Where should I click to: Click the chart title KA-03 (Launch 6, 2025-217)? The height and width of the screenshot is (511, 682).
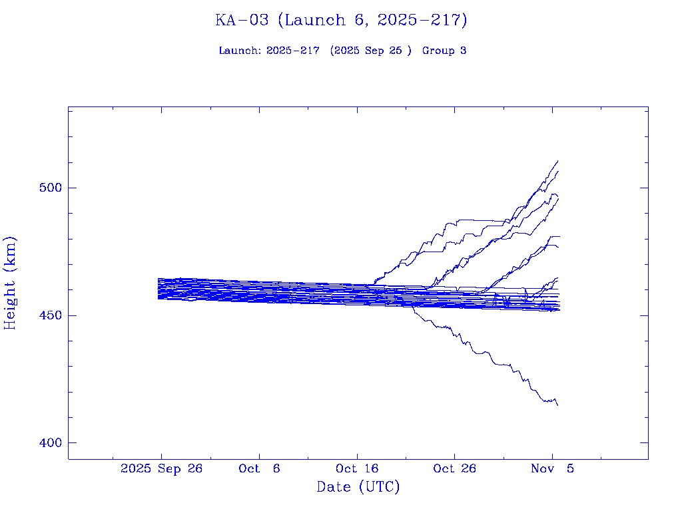click(341, 20)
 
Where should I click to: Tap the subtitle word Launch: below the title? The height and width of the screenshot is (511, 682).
click(240, 51)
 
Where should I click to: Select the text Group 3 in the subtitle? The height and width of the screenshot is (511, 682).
click(444, 51)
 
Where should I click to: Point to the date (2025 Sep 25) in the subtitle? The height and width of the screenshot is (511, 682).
click(371, 51)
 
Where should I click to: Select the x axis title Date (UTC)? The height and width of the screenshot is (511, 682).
click(358, 487)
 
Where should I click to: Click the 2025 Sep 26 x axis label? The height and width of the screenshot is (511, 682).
click(161, 469)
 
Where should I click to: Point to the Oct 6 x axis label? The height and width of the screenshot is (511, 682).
click(259, 469)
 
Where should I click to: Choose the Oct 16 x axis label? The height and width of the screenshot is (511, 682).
click(357, 469)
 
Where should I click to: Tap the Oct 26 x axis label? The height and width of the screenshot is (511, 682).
click(454, 469)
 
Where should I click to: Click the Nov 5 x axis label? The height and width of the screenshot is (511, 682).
click(552, 469)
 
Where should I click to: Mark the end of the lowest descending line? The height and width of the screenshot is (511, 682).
click(557, 405)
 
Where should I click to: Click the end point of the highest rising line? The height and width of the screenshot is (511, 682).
click(557, 161)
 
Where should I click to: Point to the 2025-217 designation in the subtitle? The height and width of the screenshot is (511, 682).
click(293, 51)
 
